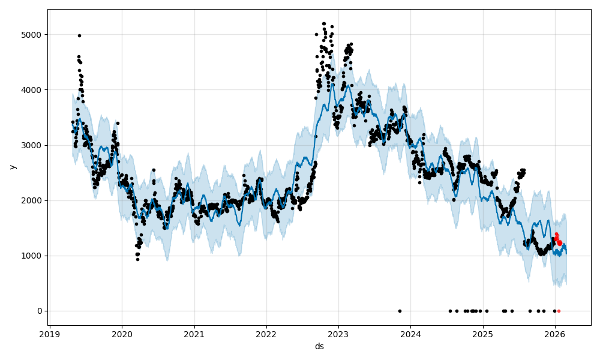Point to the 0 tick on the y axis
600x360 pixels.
[x=40, y=311]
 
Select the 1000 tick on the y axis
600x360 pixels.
[x=32, y=256]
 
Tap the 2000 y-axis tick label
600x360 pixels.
[x=32, y=200]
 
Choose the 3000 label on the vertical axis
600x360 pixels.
[x=32, y=145]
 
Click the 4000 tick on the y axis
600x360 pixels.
[x=32, y=90]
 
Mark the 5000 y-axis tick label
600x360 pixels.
[x=32, y=35]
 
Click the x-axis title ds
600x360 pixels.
[x=319, y=347]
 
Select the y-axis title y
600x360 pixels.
[x=13, y=167]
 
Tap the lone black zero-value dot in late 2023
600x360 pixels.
[x=400, y=311]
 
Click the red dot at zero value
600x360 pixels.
[x=559, y=311]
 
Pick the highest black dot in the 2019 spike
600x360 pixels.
[x=79, y=35]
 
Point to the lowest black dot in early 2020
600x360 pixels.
[x=137, y=259]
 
